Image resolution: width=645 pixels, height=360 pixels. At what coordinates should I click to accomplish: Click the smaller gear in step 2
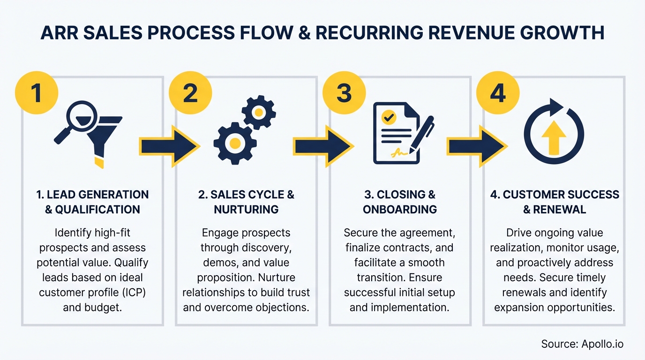[x=259, y=112]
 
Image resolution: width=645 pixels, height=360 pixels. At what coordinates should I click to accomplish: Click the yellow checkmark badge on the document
[x=389, y=118]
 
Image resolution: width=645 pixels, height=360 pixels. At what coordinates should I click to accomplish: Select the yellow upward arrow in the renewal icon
[x=554, y=138]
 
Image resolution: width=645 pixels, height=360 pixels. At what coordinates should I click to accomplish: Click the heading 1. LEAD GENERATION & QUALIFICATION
[x=92, y=202]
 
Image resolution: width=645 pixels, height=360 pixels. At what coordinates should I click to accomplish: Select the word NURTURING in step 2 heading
[x=246, y=209]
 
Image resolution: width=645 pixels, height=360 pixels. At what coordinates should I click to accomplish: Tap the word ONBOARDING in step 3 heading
[x=400, y=209]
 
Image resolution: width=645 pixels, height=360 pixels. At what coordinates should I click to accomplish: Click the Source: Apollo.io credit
[x=582, y=344]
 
